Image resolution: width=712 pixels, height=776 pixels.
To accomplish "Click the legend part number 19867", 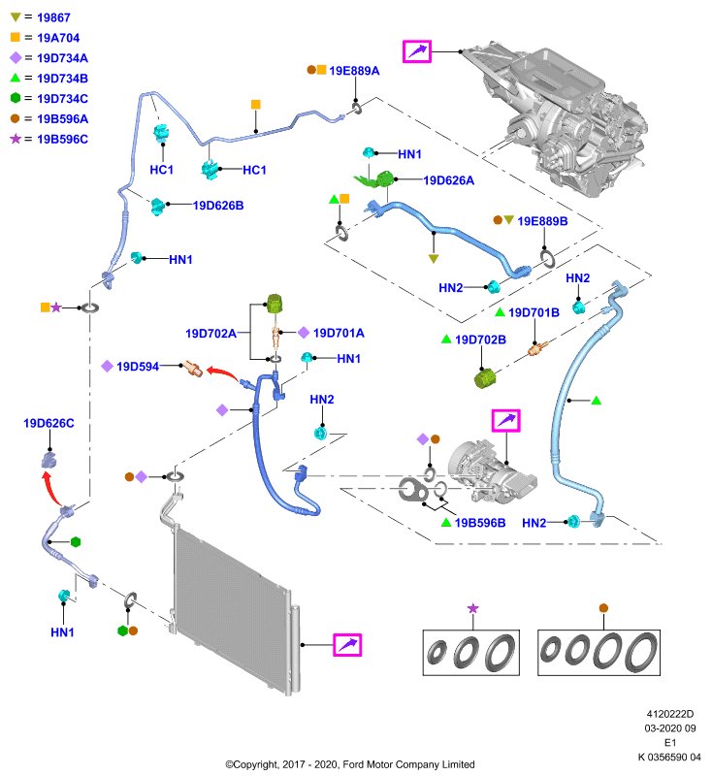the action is [53, 17].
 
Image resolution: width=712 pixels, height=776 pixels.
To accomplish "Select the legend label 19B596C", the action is [62, 140].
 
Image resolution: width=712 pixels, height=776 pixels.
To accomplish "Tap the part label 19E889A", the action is [354, 71].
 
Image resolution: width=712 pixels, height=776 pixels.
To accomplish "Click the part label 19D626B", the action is [218, 206].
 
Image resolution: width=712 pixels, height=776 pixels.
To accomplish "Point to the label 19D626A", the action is [449, 180].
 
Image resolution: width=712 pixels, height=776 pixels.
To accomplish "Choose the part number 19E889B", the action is [542, 221].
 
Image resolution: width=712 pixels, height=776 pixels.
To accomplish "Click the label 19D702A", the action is [210, 334].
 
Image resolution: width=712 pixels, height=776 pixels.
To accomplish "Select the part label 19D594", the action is [138, 367].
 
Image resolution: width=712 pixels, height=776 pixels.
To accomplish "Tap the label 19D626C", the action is [49, 424].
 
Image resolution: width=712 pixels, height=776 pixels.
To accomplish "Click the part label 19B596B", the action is [480, 523].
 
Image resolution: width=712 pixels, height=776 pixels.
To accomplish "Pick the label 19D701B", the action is [534, 312].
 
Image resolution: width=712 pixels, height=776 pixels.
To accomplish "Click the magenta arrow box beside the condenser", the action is [347, 645].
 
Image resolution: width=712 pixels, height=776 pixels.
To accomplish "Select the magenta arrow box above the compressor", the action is [505, 421].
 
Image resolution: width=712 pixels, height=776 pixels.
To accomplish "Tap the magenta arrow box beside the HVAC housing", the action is [417, 51].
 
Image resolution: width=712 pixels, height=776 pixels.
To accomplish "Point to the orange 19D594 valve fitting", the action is [192, 369].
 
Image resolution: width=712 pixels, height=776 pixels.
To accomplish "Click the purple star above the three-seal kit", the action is [473, 608].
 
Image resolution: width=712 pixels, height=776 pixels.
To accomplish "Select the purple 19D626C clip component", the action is [49, 460].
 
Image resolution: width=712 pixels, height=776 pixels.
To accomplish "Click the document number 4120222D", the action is [670, 714].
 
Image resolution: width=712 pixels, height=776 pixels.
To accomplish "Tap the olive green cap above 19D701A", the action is [275, 304].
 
